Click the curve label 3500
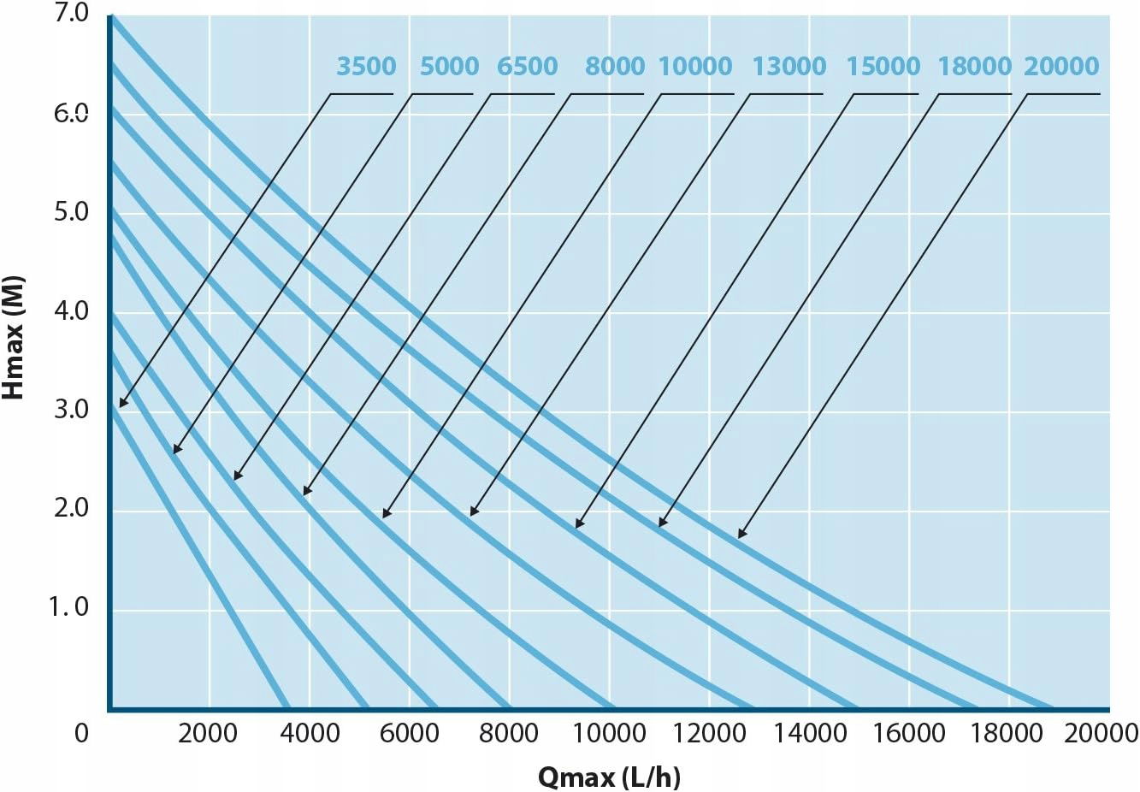(366, 67)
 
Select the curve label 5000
(449, 67)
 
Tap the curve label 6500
(527, 67)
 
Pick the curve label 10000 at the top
(695, 67)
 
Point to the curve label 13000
(789, 67)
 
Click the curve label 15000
(883, 67)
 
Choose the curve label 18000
(974, 67)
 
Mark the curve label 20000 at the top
(1061, 67)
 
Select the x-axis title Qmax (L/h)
(609, 777)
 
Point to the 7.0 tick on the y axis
(71, 14)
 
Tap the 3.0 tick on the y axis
(71, 409)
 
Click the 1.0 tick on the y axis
(69, 606)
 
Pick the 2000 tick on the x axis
(208, 733)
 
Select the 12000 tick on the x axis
(708, 733)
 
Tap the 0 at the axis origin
(81, 733)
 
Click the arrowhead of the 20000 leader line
(741, 535)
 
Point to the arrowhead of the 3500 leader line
(121, 404)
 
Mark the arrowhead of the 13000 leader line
(473, 513)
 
